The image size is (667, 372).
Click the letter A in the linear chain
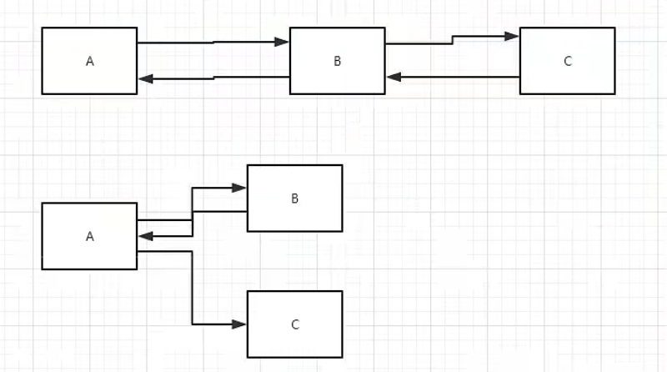click(90, 61)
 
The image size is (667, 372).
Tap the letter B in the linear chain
click(338, 61)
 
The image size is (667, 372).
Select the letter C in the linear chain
click(568, 61)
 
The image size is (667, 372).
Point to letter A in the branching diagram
click(90, 236)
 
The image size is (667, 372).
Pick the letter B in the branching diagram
click(295, 199)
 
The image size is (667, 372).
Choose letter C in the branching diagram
click(295, 324)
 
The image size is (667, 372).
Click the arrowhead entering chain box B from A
click(282, 42)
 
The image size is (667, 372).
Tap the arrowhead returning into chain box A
click(146, 78)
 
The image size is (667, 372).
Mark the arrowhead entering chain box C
click(512, 36)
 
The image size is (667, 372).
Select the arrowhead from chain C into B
click(394, 77)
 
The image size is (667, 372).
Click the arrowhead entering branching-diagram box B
click(239, 188)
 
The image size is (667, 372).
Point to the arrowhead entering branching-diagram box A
click(146, 236)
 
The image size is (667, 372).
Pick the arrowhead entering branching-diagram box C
click(239, 324)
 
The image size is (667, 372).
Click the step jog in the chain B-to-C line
click(453, 40)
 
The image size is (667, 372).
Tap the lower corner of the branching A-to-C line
click(193, 324)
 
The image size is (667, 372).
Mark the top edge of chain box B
click(338, 28)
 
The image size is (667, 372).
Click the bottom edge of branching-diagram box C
click(295, 357)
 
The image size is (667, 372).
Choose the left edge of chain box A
click(43, 61)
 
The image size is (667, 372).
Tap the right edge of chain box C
click(614, 61)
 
